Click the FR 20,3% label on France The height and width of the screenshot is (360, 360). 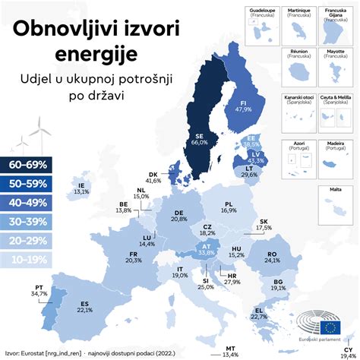click(134, 256)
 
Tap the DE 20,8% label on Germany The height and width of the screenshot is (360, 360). click(179, 215)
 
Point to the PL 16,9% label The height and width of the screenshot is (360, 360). click(232, 207)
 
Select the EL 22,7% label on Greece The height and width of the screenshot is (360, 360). click(261, 314)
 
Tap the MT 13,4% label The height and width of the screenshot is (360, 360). click(230, 350)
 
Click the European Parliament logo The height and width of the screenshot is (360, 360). click(330, 328)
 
